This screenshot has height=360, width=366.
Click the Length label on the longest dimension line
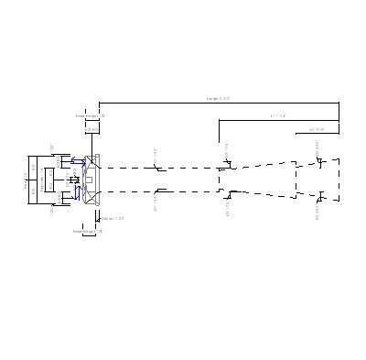(x=218, y=98)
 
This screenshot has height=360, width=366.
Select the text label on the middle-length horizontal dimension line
(x=278, y=116)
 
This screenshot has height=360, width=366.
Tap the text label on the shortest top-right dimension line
(x=317, y=130)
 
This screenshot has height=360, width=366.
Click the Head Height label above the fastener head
(x=91, y=116)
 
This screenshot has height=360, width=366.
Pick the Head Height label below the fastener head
(x=88, y=232)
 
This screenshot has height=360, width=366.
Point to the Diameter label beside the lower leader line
(x=113, y=218)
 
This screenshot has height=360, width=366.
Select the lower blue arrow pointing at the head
(x=78, y=194)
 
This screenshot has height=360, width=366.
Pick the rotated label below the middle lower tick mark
(x=226, y=210)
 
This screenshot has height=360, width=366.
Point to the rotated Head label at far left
(x=26, y=180)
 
